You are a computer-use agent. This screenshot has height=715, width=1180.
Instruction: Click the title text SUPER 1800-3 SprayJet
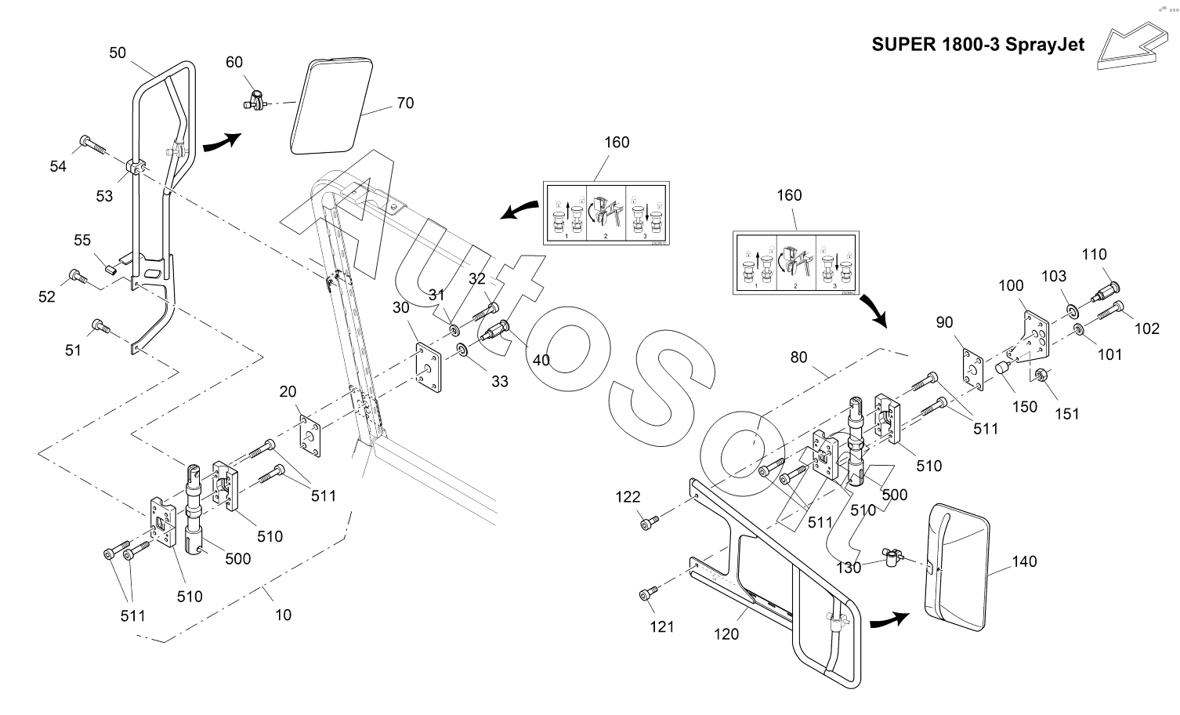coord(978,45)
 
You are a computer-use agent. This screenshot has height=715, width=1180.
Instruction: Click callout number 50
coord(118,53)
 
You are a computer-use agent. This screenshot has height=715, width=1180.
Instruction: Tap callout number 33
coord(500,381)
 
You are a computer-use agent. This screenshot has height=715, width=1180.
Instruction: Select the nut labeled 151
coord(1042,375)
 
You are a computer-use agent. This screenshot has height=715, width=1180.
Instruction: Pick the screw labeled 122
coord(650,519)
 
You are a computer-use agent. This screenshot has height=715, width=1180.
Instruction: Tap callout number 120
coord(726,634)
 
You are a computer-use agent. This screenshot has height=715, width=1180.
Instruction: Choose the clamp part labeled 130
coord(892,557)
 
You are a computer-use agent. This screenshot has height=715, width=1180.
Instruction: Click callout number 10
coord(283,615)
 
